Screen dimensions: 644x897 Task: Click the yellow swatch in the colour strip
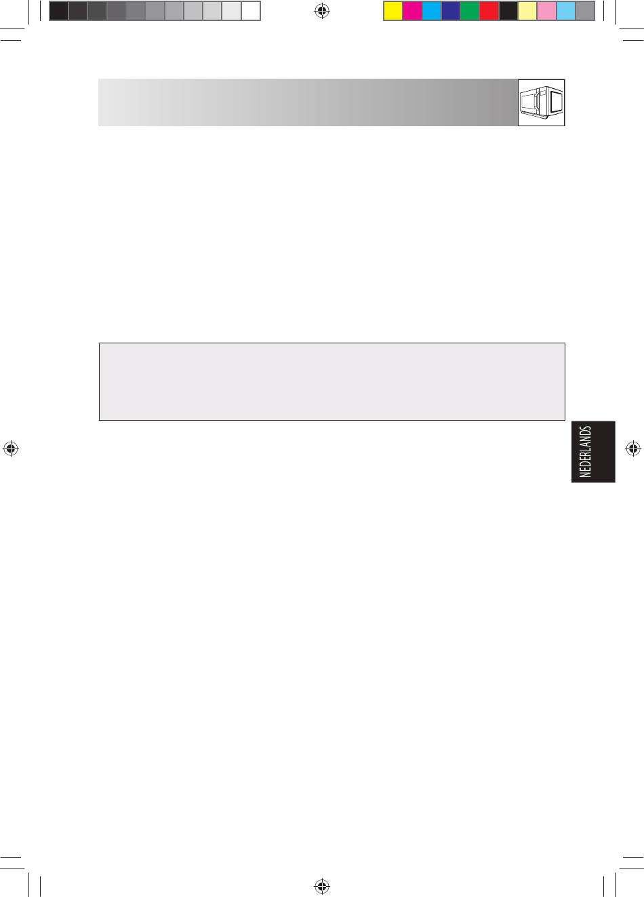pyautogui.click(x=393, y=11)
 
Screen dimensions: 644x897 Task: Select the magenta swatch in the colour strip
pyautogui.click(x=412, y=11)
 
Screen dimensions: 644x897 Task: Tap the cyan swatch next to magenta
pyautogui.click(x=432, y=11)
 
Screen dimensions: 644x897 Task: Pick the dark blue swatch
pyautogui.click(x=451, y=11)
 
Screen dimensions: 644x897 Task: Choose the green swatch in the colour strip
pyautogui.click(x=470, y=11)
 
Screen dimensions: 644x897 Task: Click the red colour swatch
pyautogui.click(x=489, y=11)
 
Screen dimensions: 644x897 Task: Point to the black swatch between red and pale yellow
pyautogui.click(x=508, y=11)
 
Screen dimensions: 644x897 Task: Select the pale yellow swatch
pyautogui.click(x=527, y=11)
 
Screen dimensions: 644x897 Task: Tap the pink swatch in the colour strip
pyautogui.click(x=547, y=11)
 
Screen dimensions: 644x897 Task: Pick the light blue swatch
pyautogui.click(x=566, y=11)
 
